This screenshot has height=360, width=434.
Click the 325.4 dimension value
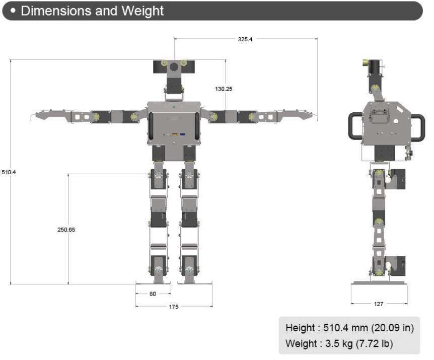click(245, 39)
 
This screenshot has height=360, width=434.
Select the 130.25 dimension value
click(223, 89)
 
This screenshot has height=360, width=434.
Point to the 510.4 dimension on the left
click(9, 172)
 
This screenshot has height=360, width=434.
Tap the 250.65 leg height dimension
click(66, 230)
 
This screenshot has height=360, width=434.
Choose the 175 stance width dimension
click(174, 306)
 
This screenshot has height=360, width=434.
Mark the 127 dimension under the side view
click(379, 304)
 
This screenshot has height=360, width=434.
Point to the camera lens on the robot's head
click(174, 66)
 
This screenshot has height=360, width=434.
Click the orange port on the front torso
click(175, 134)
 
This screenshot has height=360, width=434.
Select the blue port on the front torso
click(183, 134)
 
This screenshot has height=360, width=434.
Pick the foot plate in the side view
click(379, 282)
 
